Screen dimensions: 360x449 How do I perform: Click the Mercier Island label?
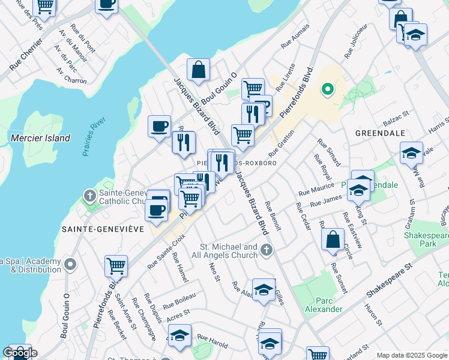[x=40, y=138]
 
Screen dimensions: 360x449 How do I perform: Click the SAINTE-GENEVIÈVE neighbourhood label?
[x=103, y=229]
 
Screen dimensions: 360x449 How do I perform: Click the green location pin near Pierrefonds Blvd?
[x=327, y=90]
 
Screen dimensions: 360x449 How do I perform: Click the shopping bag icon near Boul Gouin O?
[x=198, y=70]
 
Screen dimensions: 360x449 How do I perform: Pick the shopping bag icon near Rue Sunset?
[x=333, y=239]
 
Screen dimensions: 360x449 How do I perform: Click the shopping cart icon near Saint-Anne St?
[x=116, y=265]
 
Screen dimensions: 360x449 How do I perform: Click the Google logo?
[x=19, y=353]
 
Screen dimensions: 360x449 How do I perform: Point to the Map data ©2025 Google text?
[x=411, y=355]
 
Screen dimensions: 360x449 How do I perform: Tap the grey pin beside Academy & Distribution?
[x=71, y=264]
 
